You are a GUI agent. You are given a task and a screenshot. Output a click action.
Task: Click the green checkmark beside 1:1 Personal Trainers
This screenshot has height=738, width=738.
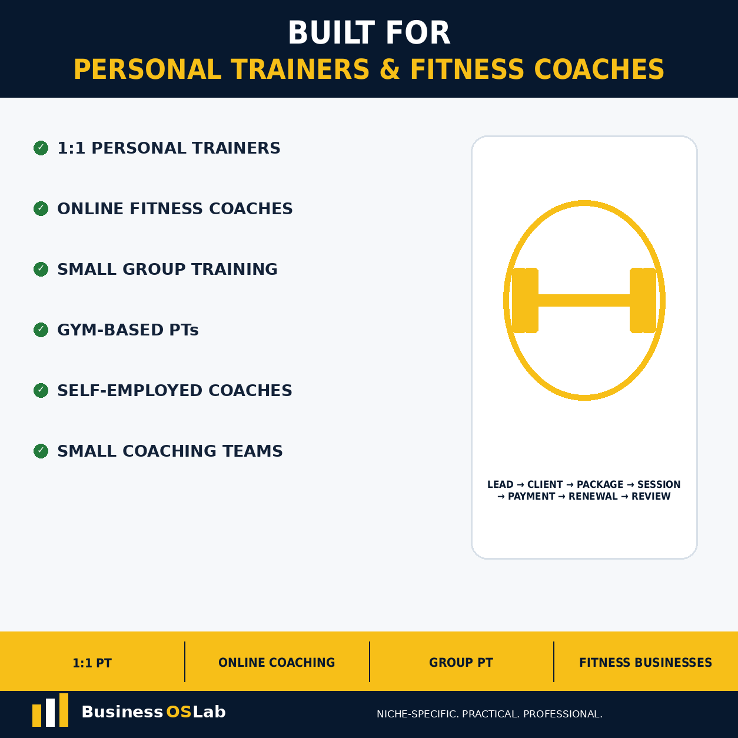click(x=41, y=148)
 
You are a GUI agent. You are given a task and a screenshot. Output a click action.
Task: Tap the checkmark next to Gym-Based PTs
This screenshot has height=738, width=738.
click(x=41, y=330)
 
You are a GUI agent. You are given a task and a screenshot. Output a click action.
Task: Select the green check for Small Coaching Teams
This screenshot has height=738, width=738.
click(x=41, y=451)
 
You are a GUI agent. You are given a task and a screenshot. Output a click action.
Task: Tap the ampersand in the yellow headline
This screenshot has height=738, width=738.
click(x=390, y=69)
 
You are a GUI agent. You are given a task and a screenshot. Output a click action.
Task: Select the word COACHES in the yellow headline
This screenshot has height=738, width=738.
click(x=599, y=69)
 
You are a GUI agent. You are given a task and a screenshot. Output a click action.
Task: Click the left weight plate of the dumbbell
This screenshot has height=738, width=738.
click(x=525, y=300)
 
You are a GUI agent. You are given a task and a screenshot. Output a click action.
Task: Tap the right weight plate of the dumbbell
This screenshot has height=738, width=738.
click(x=643, y=300)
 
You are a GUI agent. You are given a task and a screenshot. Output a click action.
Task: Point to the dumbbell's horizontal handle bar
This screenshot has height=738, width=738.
click(x=584, y=300)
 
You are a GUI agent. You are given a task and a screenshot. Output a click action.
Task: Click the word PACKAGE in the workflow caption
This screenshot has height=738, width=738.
click(x=600, y=484)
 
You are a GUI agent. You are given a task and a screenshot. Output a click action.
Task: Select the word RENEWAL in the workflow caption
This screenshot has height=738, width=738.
click(x=593, y=496)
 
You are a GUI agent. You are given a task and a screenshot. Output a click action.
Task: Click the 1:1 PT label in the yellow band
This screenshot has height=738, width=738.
click(x=92, y=663)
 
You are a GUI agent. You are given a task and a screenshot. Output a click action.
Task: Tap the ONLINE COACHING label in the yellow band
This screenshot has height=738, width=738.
click(x=277, y=663)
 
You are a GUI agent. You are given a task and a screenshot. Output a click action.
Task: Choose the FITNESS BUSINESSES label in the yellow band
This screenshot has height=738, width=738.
click(x=646, y=663)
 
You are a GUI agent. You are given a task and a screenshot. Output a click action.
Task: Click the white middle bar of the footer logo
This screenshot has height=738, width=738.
click(x=50, y=712)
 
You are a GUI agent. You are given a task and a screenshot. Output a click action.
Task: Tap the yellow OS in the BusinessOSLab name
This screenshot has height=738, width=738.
click(x=178, y=712)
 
